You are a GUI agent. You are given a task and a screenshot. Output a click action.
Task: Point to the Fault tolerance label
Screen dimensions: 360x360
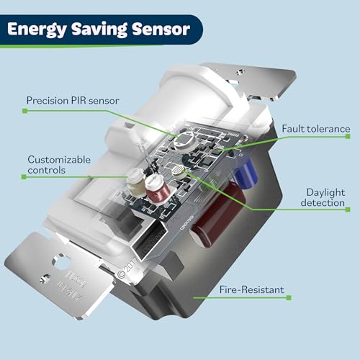[315, 129]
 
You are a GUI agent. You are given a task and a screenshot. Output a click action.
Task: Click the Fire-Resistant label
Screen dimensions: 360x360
[251, 290]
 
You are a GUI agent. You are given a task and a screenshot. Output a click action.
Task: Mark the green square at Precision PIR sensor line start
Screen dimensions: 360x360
[24, 111]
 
